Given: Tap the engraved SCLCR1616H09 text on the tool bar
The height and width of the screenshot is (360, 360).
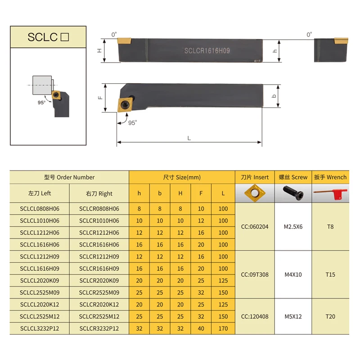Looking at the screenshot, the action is point(207,51).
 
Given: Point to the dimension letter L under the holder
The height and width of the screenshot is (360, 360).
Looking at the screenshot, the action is point(189,138).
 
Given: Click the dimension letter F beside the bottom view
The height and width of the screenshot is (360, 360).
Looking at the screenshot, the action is point(101,97).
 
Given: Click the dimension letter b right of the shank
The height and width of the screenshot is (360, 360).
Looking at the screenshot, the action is point(275,97).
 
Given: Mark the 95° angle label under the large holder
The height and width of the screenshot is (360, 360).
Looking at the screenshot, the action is point(132,122).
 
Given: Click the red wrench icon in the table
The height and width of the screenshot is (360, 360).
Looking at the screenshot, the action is point(330,193).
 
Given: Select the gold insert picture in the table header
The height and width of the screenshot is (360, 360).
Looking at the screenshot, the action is point(254,193).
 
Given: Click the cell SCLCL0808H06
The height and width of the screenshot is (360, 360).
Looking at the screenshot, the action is point(39,208).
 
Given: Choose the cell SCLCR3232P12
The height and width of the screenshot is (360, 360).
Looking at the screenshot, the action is point(99,328).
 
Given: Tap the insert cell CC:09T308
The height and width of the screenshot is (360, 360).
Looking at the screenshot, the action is point(254,274).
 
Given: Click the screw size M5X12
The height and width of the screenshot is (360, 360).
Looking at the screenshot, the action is point(293,316).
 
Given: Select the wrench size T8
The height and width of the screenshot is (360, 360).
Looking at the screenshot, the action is point(330,226).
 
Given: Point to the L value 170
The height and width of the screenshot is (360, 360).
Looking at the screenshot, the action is point(223,328).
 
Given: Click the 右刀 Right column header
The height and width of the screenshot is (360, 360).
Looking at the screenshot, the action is point(99,193).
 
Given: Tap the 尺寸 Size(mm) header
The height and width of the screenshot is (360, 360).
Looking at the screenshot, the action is point(182,177).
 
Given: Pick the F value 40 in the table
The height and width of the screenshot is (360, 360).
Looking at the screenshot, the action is point(201,328).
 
